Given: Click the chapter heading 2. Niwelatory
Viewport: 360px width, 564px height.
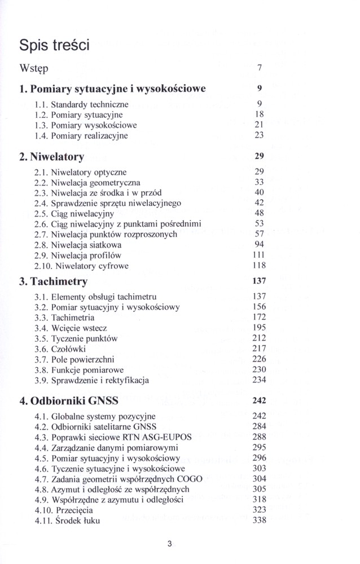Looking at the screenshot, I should [51, 156].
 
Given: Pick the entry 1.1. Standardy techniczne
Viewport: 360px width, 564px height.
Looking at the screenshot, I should [81, 104].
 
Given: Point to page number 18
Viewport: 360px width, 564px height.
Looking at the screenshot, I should [260, 114].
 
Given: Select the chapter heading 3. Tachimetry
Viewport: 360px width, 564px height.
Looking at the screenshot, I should [53, 281].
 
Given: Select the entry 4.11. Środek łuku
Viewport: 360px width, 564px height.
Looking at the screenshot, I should [67, 521].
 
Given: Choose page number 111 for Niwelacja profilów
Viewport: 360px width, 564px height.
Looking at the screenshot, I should [259, 255].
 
